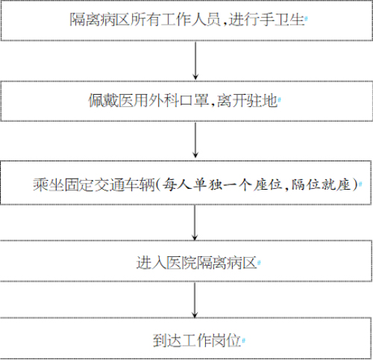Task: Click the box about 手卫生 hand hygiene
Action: click(x=186, y=20)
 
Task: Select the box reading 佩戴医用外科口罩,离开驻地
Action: click(x=186, y=101)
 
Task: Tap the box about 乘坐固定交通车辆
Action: click(x=186, y=183)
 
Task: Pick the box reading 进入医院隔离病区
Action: click(x=186, y=261)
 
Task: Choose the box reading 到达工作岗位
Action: click(x=186, y=338)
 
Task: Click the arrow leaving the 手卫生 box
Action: click(x=195, y=60)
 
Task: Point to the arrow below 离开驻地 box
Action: click(x=195, y=140)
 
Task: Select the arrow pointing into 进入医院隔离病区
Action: click(x=195, y=223)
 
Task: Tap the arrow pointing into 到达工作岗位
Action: click(x=195, y=300)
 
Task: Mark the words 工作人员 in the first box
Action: click(x=190, y=19)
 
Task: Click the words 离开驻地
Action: click(x=248, y=101)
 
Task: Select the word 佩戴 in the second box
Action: click(x=103, y=101)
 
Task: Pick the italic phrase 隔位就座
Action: click(x=322, y=184)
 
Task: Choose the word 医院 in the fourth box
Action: click(x=181, y=263)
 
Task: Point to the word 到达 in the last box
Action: click(x=167, y=341)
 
